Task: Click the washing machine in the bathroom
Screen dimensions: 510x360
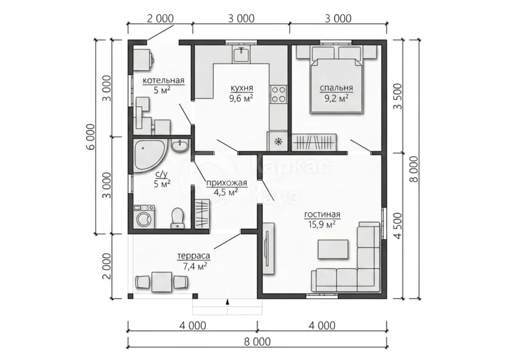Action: point(144,216)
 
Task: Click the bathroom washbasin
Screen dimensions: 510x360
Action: point(179,146)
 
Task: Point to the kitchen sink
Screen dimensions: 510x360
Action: point(241,54)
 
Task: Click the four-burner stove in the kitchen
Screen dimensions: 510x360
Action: point(279,94)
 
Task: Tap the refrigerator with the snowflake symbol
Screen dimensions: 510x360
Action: point(277,141)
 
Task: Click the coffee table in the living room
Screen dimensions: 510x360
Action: point(333,249)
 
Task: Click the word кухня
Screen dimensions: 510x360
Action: point(242,88)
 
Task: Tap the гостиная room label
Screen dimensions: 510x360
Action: point(322,215)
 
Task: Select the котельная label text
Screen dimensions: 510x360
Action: point(163,80)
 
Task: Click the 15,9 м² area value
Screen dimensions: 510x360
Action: point(322,224)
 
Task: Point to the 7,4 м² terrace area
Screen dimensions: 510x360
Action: point(195,266)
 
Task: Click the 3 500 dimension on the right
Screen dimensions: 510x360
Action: point(398,97)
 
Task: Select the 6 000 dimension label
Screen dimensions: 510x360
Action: point(91,137)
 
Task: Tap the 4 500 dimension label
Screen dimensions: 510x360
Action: point(398,226)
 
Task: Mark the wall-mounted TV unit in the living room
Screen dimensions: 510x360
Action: point(269,248)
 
